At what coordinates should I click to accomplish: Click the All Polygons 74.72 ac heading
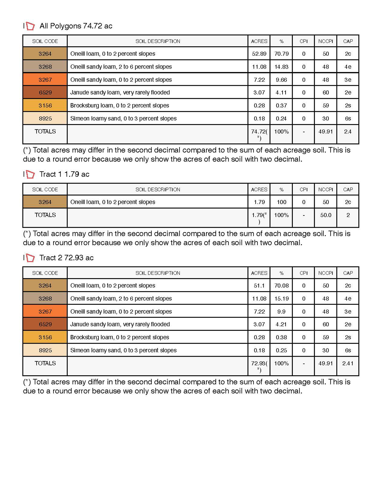click(76, 26)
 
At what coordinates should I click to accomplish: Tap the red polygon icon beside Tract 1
click(30, 174)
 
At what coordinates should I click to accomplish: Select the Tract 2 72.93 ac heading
click(66, 258)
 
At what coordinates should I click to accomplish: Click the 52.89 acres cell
click(259, 54)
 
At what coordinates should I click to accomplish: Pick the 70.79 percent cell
click(281, 54)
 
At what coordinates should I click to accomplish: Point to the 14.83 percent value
click(281, 67)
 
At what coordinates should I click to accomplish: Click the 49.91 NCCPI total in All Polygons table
click(325, 132)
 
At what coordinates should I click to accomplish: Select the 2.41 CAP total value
click(348, 363)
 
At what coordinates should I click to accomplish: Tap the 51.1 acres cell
click(259, 285)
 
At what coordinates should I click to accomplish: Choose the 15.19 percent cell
click(281, 298)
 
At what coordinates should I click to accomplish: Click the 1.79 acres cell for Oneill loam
click(259, 202)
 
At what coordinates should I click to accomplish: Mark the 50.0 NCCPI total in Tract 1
click(325, 215)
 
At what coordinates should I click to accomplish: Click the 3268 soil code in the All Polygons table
click(45, 67)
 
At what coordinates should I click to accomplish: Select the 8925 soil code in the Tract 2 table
click(45, 350)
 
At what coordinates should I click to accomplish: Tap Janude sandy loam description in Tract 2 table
click(120, 324)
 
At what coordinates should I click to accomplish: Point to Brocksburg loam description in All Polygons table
click(120, 105)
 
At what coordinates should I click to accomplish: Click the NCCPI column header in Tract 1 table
click(325, 190)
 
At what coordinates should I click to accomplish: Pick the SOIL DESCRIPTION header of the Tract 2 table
click(158, 273)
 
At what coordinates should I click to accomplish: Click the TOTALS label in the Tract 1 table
click(45, 215)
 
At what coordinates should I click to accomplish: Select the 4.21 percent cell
click(281, 324)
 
